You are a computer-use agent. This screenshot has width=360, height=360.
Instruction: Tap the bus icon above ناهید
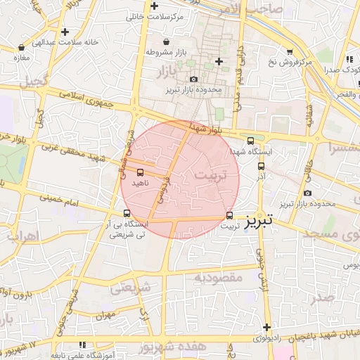pyautogui.click(x=140, y=172)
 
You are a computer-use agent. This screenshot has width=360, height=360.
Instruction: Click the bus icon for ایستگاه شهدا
pyautogui.click(x=251, y=141)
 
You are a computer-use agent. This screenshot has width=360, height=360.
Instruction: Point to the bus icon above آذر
pyautogui.click(x=262, y=167)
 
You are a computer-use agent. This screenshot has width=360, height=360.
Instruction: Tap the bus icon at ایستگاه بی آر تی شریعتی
pyautogui.click(x=127, y=213)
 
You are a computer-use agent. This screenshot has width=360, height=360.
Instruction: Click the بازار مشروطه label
pyautogui.click(x=165, y=52)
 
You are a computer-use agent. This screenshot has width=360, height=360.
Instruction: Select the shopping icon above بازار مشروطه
pyautogui.click(x=165, y=41)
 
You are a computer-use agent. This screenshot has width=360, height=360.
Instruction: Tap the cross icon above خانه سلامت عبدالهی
pyautogui.click(x=65, y=32)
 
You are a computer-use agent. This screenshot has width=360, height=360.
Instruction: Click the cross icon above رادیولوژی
pyautogui.click(x=267, y=327)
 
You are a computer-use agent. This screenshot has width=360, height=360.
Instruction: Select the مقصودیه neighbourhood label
pyautogui.click(x=218, y=278)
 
